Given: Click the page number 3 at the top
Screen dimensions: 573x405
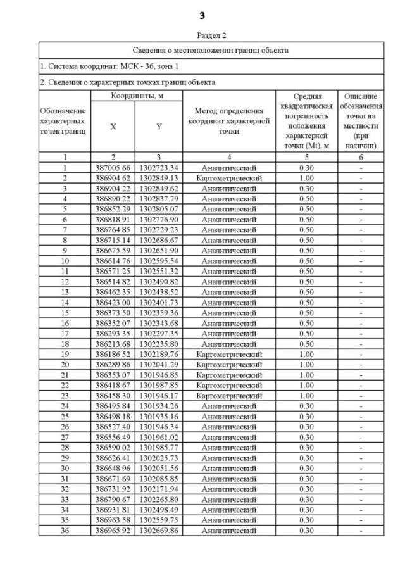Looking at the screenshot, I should click(202, 15).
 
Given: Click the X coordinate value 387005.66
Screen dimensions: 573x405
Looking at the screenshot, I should click(113, 168).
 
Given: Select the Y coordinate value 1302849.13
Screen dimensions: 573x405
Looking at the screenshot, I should click(159, 178).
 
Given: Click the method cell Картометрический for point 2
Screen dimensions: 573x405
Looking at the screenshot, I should click(228, 178).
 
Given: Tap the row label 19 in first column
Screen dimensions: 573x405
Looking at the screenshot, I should click(65, 355).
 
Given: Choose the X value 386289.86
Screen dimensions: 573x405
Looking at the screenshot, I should click(113, 365).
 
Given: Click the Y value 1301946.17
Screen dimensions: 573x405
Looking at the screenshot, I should click(159, 396).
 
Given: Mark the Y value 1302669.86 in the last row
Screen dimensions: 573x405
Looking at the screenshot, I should click(159, 531).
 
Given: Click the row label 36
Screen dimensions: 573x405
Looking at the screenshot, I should click(65, 531).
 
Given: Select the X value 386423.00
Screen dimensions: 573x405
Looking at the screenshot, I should click(113, 303).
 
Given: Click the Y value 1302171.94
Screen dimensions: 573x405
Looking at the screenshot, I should click(159, 489).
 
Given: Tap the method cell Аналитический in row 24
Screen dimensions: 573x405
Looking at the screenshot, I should click(228, 406).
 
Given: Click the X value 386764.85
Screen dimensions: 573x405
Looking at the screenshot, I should click(113, 230).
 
